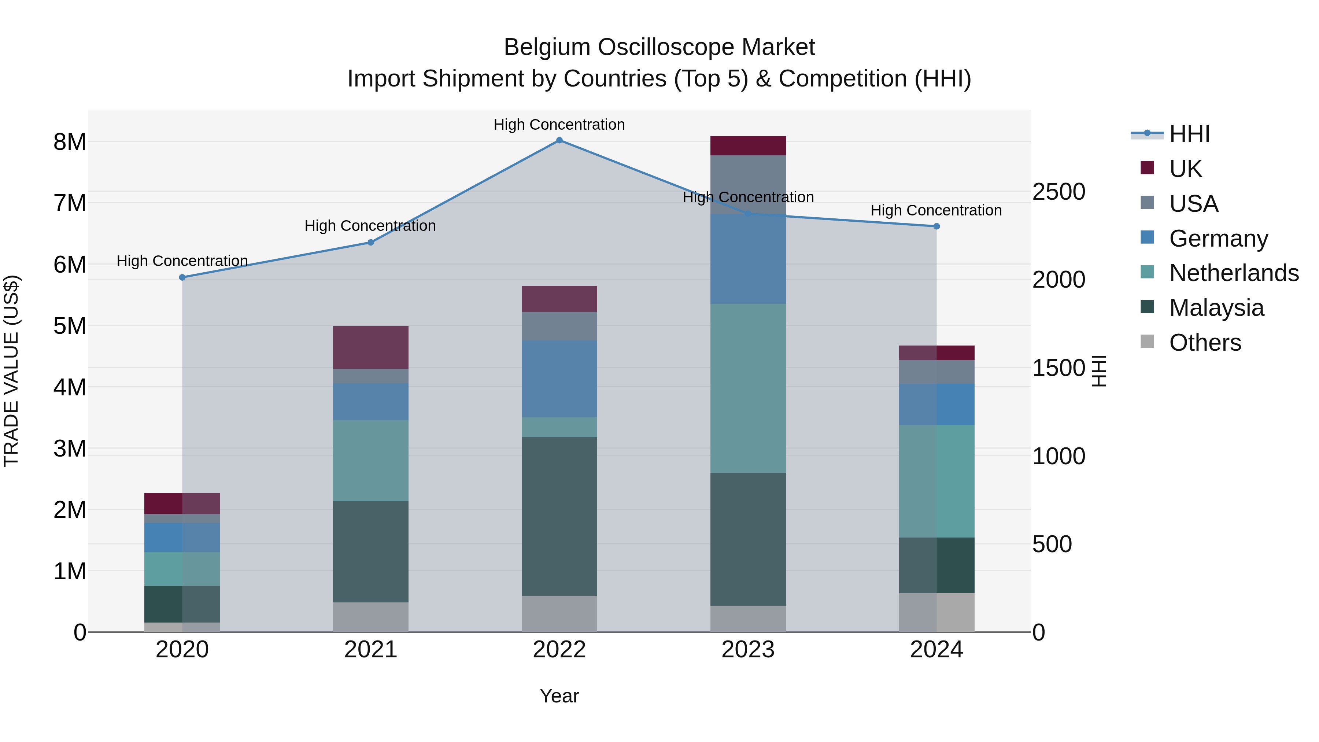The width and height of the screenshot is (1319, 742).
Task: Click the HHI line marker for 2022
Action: [x=559, y=140]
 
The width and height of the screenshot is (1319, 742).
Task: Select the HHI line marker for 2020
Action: [x=182, y=277]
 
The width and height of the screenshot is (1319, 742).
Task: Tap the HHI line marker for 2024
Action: [x=936, y=226]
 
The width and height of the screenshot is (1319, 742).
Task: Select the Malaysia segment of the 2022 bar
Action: [x=559, y=516]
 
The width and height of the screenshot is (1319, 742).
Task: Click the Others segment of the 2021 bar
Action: [x=371, y=617]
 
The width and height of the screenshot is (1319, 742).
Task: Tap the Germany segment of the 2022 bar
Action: [x=559, y=379]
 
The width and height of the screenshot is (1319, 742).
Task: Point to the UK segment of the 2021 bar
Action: [x=371, y=348]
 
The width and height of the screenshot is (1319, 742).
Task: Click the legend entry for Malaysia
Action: [x=1216, y=308]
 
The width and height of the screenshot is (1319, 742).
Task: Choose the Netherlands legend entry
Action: [x=1234, y=273]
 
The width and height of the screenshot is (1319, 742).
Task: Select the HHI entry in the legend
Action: [x=1189, y=134]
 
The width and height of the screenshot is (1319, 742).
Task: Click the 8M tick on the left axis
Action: [x=70, y=142]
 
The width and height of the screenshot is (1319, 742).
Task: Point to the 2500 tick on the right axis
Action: [x=1058, y=192]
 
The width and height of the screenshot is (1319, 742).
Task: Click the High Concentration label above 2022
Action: [x=559, y=125]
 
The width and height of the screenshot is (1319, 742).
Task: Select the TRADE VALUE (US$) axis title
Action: [x=12, y=371]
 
